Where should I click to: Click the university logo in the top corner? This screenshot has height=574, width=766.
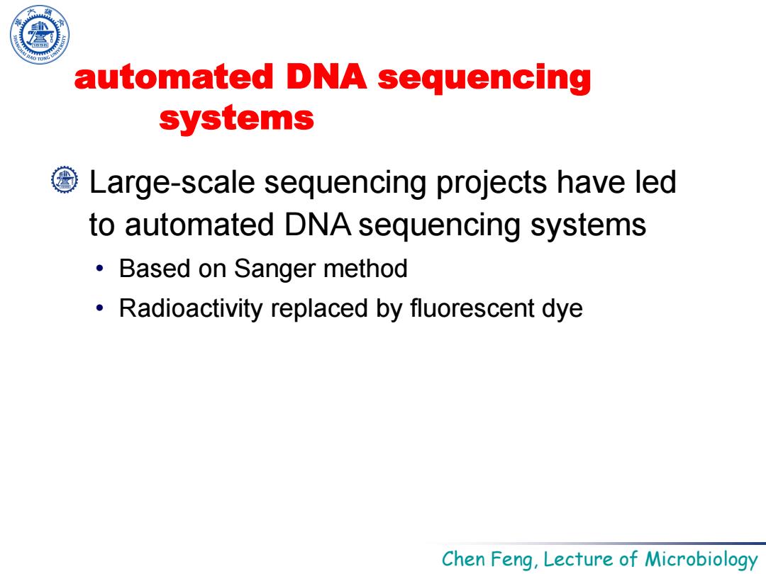coord(40,35)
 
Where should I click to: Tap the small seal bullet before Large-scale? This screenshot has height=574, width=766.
coord(65,179)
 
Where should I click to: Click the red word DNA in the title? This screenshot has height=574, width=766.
coord(326,77)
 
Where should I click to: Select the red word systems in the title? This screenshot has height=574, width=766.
coord(236,118)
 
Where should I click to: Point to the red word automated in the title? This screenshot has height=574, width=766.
coord(174,77)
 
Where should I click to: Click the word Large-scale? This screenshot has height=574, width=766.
coord(172,183)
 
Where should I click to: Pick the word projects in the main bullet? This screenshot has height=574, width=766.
coord(492,184)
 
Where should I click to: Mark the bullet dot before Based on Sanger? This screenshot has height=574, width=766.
coord(100,269)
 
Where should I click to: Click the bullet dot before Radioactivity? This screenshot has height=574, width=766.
coord(100,308)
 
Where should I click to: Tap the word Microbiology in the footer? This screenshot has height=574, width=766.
coord(701,559)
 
